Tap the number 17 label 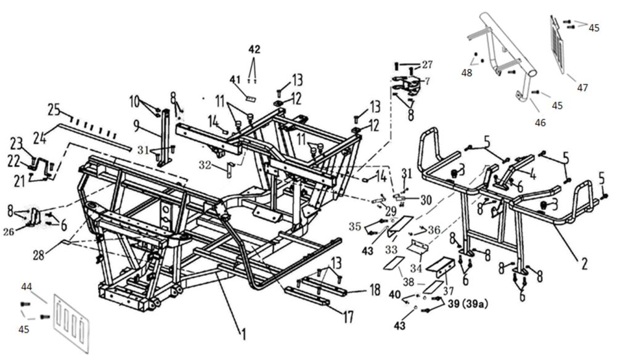348,317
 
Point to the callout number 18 375,290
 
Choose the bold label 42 254,49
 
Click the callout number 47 582,88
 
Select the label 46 540,123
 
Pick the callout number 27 427,64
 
